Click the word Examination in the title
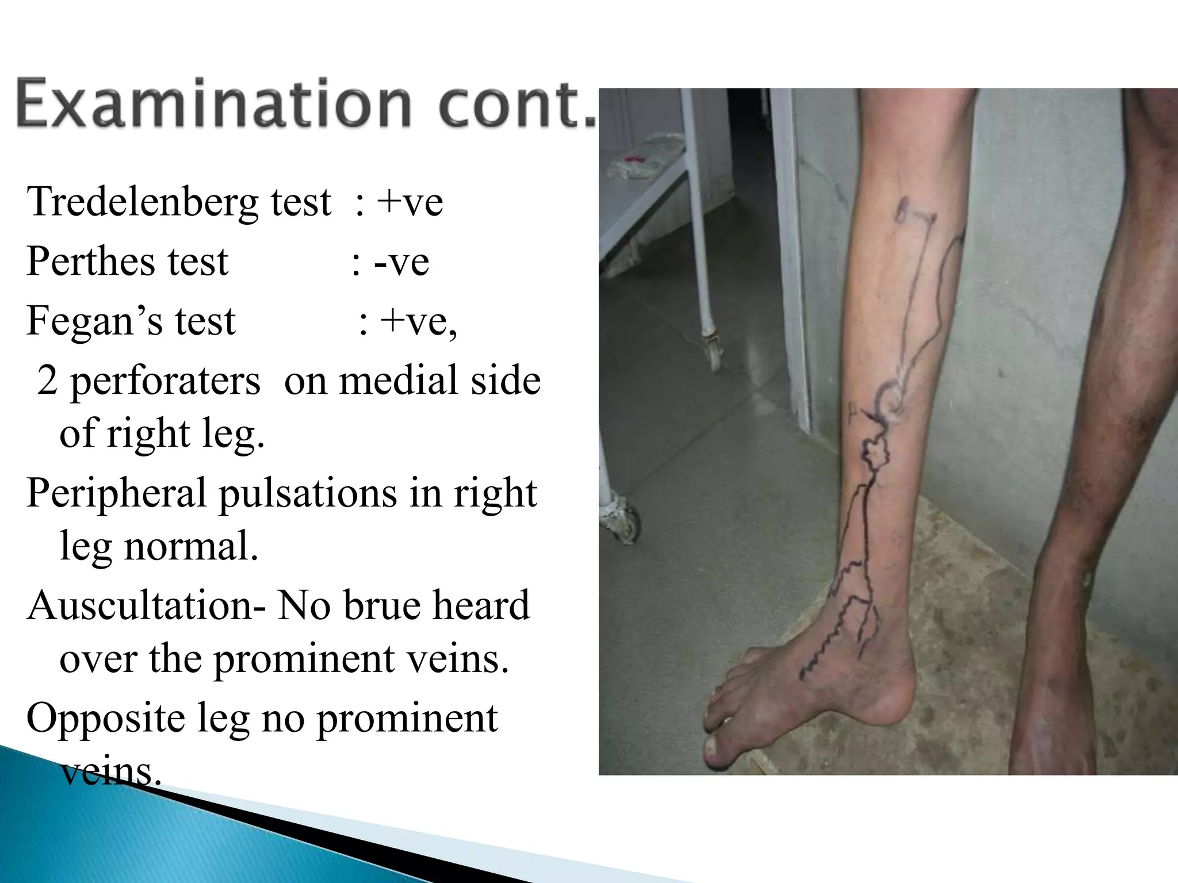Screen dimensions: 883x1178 point(213,104)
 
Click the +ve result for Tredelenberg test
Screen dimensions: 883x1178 point(410,202)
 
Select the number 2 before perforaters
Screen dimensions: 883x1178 point(47,381)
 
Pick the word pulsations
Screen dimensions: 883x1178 point(308,493)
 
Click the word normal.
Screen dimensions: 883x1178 point(190,546)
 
